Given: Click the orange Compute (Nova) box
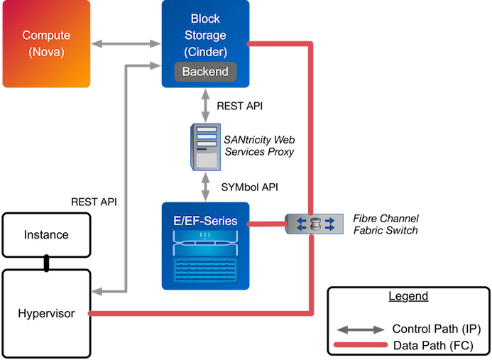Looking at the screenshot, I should pyautogui.click(x=46, y=42).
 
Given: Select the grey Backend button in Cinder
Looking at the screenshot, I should pyautogui.click(x=205, y=72).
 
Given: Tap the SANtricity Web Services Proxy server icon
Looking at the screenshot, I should pyautogui.click(x=204, y=147).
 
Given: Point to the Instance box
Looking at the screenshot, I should pyautogui.click(x=46, y=234).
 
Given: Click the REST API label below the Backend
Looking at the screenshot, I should pyautogui.click(x=241, y=105).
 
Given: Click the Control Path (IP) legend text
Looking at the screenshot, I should pyautogui.click(x=437, y=329).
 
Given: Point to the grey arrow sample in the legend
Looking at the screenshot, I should pyautogui.click(x=361, y=329).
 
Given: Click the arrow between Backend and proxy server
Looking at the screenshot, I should pyautogui.click(x=205, y=104).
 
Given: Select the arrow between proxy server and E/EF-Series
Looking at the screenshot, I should pyautogui.click(x=205, y=187).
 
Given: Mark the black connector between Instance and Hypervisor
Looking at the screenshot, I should pyautogui.click(x=47, y=264).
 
